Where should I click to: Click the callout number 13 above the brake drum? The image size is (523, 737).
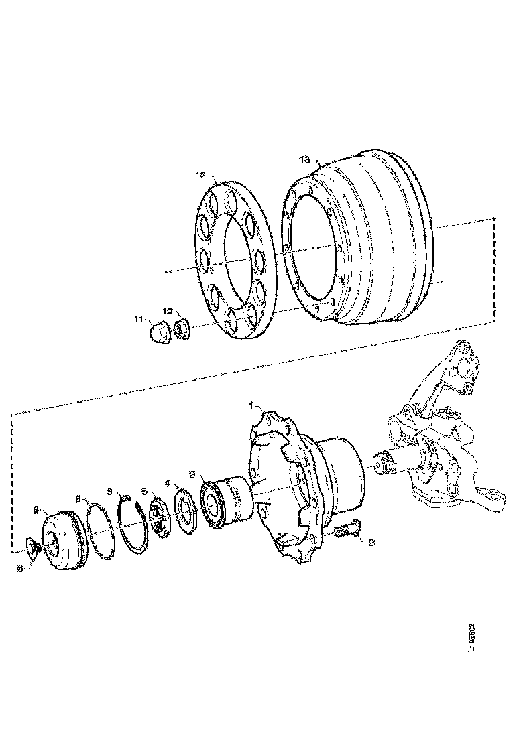tap(304, 159)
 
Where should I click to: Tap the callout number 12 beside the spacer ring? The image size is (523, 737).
tap(200, 176)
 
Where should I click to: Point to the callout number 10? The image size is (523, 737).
tap(168, 312)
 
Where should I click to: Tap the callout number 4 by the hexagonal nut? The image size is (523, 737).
tap(169, 482)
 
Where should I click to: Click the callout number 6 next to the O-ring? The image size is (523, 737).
tap(78, 499)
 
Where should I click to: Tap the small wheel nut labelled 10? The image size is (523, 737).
tap(182, 330)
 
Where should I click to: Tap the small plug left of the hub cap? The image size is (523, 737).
tap(32, 547)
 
